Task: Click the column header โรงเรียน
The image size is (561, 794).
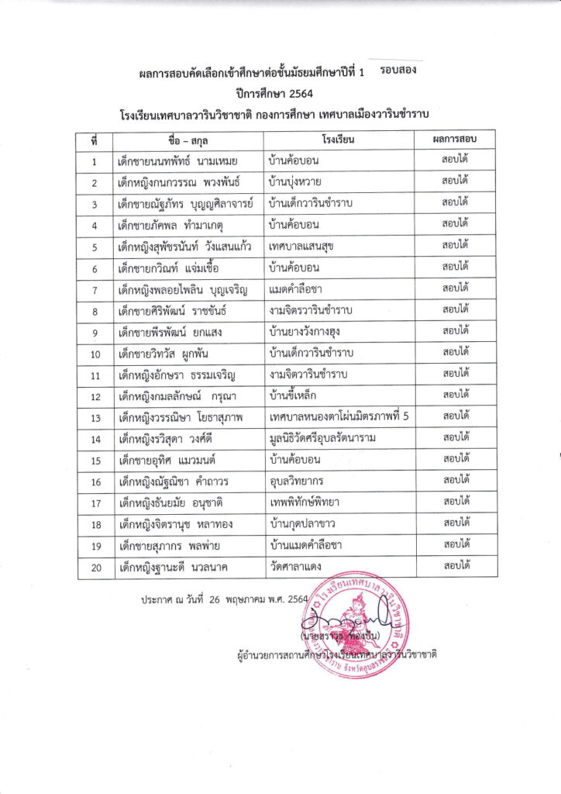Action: [x=339, y=141]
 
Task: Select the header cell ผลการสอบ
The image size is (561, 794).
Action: [x=454, y=140]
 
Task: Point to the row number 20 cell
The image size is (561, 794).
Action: [x=95, y=568]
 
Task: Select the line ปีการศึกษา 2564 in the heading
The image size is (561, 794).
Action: [x=280, y=92]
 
